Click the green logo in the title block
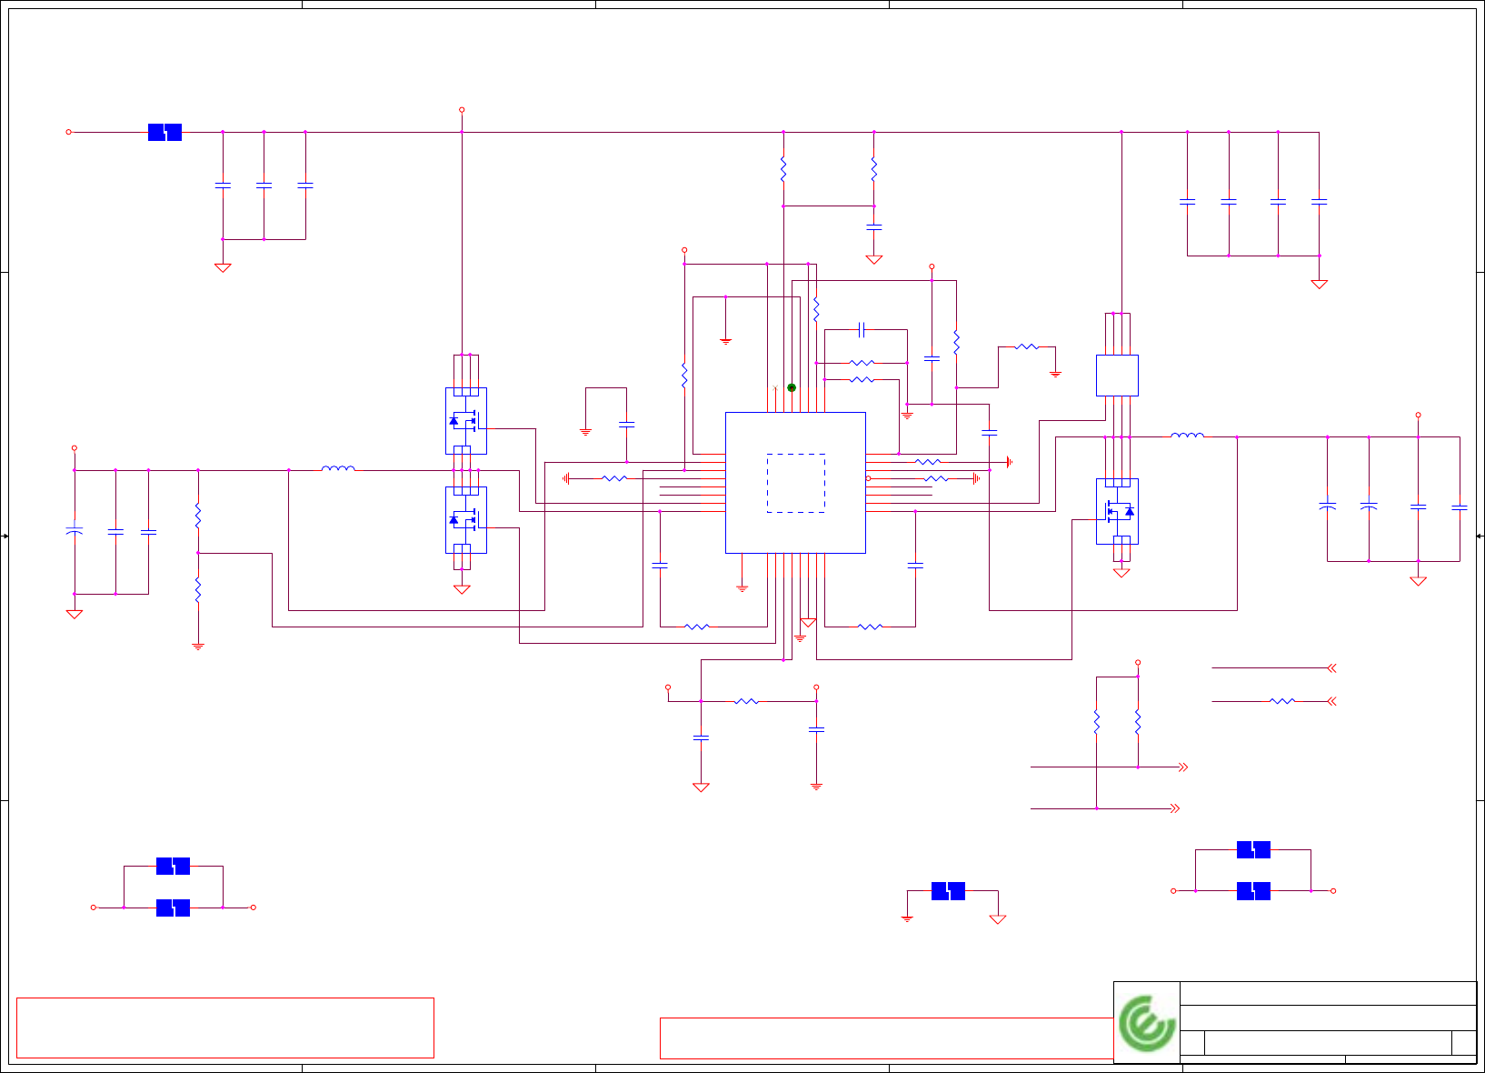coord(1147,1023)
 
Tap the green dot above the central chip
coord(792,388)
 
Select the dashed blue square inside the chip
coord(796,483)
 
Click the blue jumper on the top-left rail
coord(164,133)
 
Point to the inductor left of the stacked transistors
coord(338,469)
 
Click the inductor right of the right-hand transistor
coord(1187,436)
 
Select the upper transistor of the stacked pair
coord(465,421)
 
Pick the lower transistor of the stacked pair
coord(465,520)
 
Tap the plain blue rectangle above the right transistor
coord(1117,376)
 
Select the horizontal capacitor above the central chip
coord(862,329)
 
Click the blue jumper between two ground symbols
coord(948,891)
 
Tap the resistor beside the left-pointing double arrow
coord(1281,701)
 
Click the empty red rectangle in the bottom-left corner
coord(224,1028)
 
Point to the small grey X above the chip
coord(774,388)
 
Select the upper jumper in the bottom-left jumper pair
coord(173,867)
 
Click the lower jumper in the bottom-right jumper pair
coord(1253,891)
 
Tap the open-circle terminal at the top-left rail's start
coord(68,132)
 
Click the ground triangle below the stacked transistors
coord(462,589)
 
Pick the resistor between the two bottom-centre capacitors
coord(746,701)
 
